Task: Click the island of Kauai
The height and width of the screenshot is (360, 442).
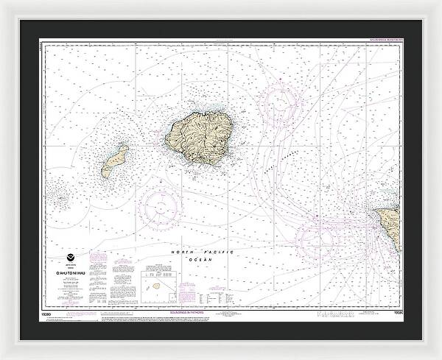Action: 194,137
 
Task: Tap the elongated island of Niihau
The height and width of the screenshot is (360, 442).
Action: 115,160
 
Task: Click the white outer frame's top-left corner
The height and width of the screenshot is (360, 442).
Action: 3,3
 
